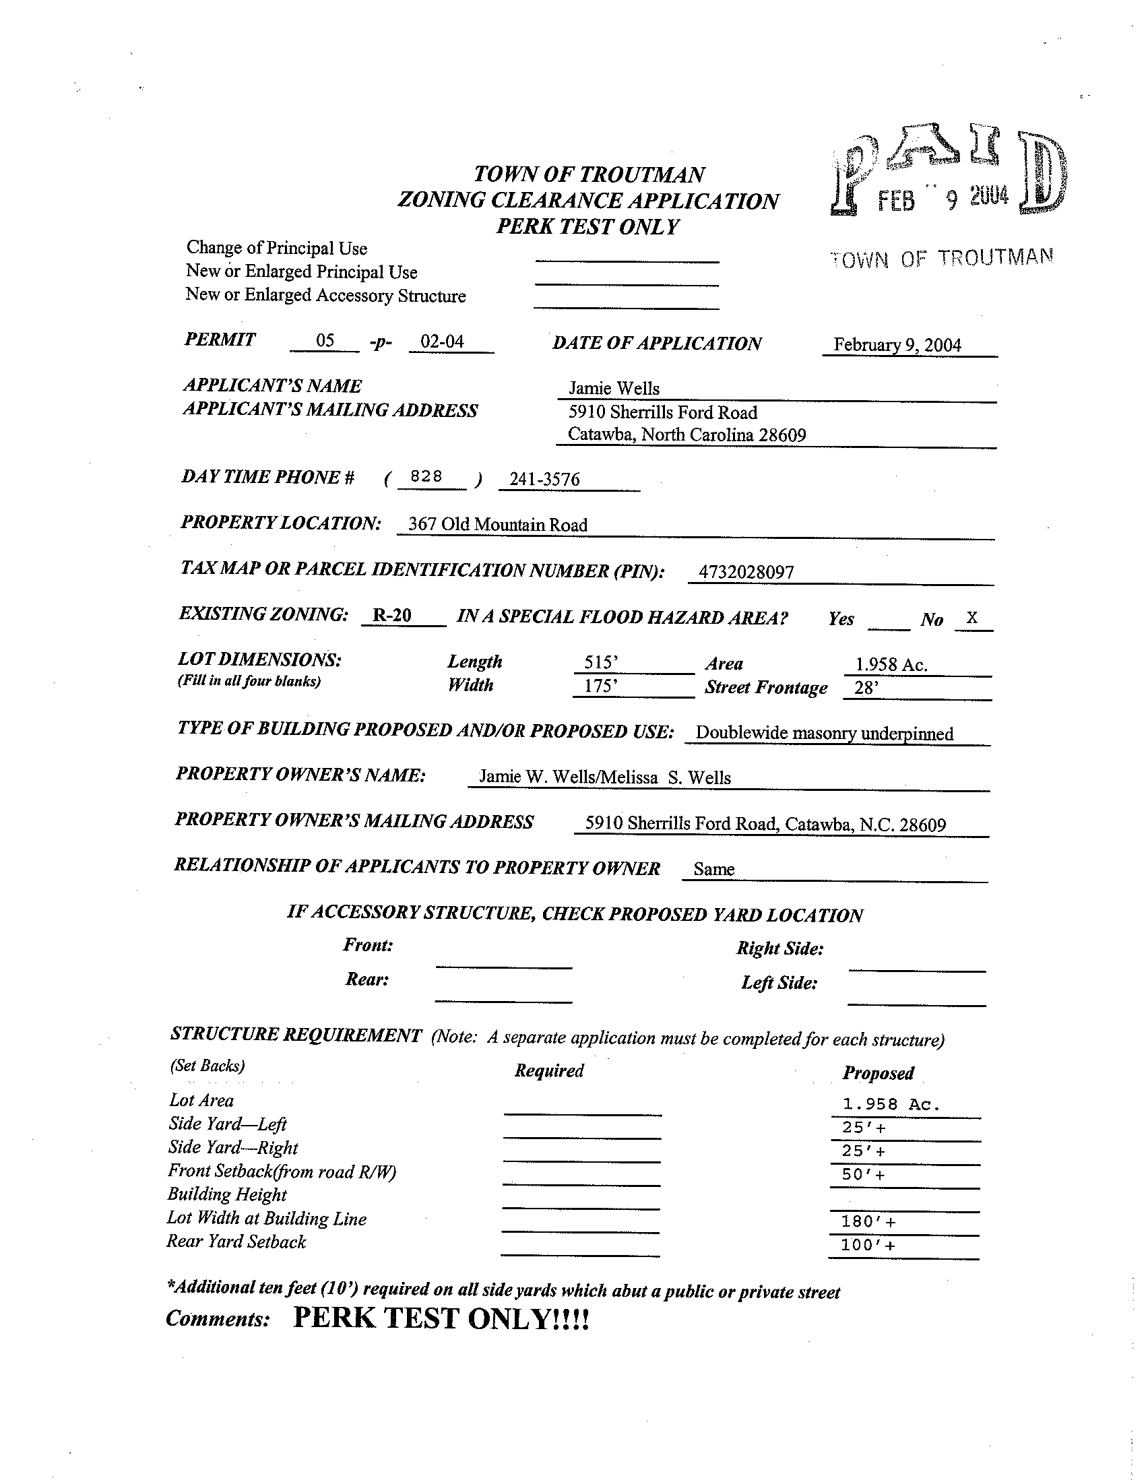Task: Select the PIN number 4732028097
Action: coord(745,572)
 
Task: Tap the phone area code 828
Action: coord(426,476)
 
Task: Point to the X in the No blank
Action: coord(971,617)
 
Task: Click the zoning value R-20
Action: coord(392,614)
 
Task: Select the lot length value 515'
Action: coord(601,662)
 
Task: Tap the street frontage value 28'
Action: coord(866,688)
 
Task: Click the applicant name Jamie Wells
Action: coord(613,388)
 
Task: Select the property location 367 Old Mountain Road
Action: coord(497,525)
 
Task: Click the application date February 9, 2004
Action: coord(897,345)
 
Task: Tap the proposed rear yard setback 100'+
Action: coord(868,1245)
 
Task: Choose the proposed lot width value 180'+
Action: coord(868,1221)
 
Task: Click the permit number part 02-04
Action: coord(442,341)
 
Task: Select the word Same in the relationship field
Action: coord(713,869)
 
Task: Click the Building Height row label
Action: coord(227,1194)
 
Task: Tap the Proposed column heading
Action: coord(878,1072)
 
